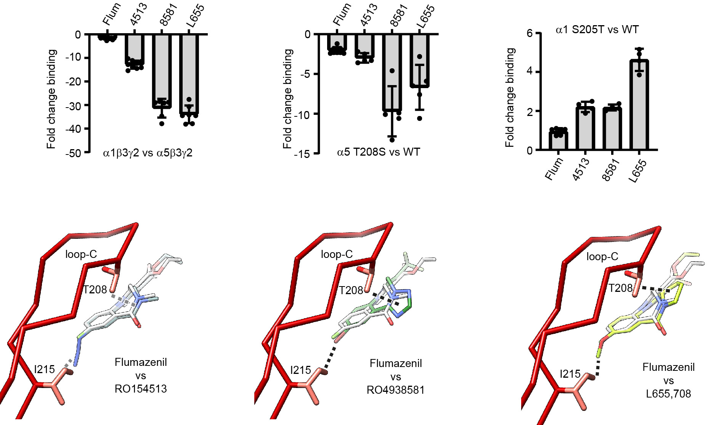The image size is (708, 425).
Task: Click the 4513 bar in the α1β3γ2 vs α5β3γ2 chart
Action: click(x=135, y=48)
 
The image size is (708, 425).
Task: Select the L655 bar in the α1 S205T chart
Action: click(x=639, y=105)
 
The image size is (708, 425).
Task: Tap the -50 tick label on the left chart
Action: click(x=73, y=153)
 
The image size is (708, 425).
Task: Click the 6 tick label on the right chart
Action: click(x=529, y=33)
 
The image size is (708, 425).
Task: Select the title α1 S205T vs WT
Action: click(x=597, y=29)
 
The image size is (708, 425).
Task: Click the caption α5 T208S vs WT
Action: click(x=378, y=152)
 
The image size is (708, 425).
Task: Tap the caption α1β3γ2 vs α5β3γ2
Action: click(x=148, y=153)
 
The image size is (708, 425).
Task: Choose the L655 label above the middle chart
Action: click(x=426, y=16)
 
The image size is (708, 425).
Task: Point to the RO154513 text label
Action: click(x=141, y=389)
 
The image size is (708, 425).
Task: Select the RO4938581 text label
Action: click(x=396, y=390)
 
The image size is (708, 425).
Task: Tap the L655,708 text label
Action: click(x=668, y=393)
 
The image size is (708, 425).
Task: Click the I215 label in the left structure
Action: click(x=45, y=369)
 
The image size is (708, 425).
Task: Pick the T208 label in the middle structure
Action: click(x=351, y=291)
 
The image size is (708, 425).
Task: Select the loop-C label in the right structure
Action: click(x=602, y=257)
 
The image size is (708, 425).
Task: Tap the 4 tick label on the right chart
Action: click(x=529, y=72)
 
